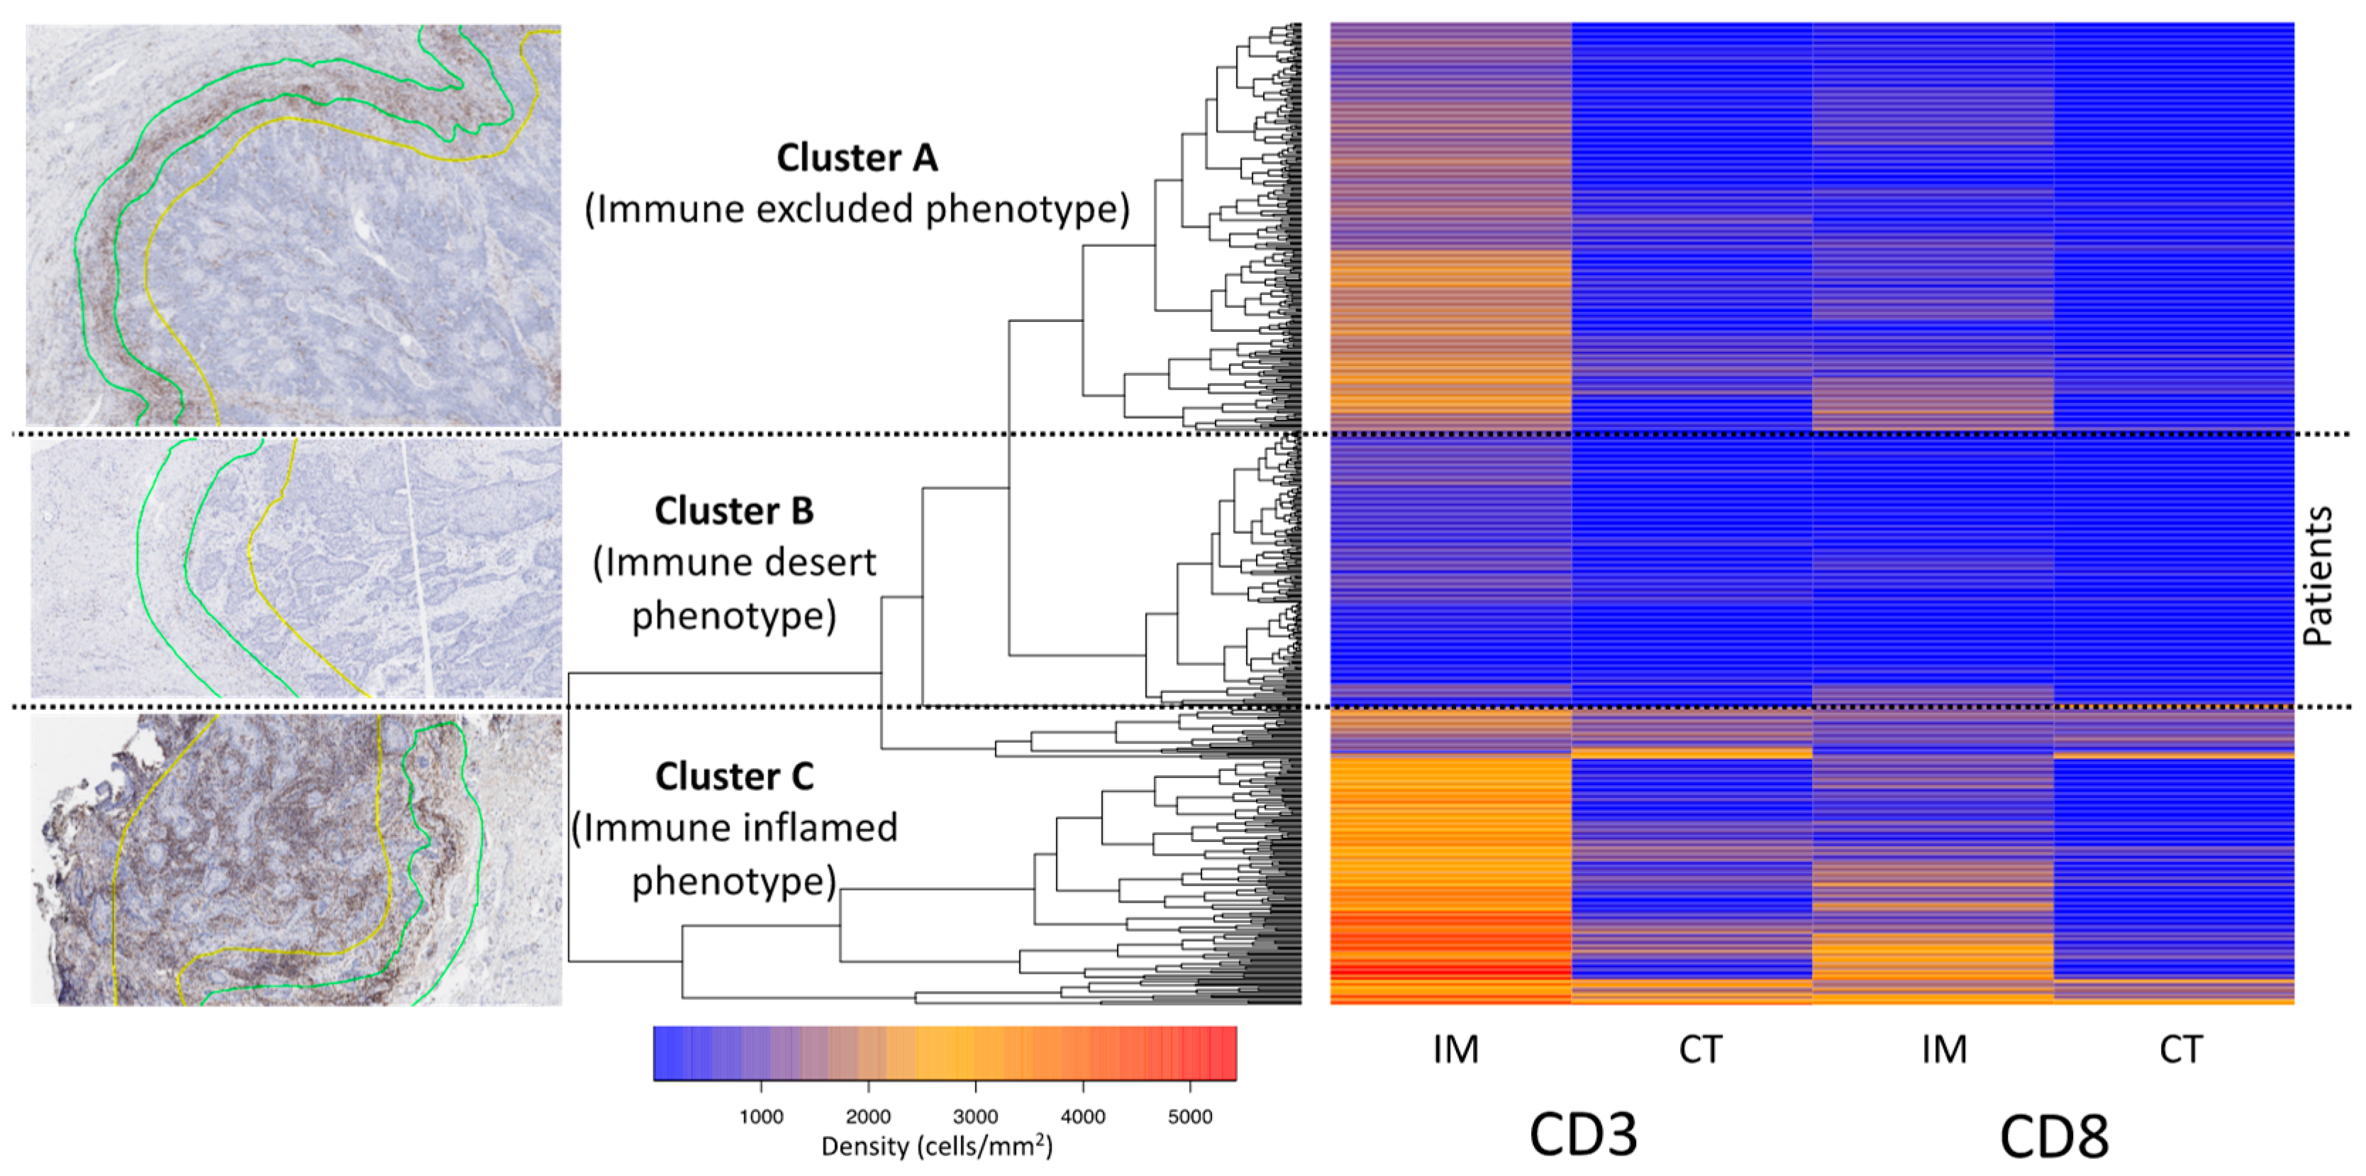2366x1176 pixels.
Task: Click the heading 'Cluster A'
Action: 857,158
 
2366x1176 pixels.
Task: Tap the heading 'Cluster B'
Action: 734,511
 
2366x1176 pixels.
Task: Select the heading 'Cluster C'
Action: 734,777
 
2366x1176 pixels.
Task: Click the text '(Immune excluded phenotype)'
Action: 857,209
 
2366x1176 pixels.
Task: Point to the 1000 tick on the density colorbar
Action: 760,1117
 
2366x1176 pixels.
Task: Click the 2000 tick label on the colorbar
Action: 868,1117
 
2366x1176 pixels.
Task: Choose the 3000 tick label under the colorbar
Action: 975,1117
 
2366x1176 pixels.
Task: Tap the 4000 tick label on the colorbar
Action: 1083,1117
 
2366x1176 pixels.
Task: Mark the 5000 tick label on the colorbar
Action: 1190,1117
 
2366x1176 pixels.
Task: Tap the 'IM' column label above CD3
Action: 1456,1049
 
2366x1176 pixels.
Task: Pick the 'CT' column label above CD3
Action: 1700,1049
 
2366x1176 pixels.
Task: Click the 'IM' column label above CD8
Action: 1945,1049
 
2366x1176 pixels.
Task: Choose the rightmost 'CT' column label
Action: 2180,1049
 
